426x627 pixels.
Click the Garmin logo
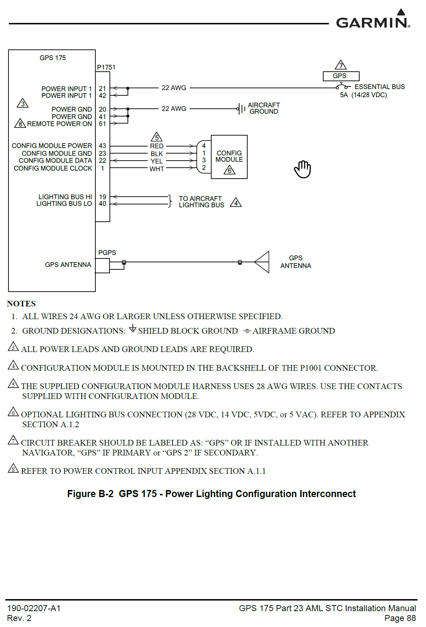coord(373,20)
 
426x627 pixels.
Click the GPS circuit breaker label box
coord(341,76)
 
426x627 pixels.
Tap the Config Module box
coord(229,157)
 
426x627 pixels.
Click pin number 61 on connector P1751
coord(102,124)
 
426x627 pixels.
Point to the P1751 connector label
coord(106,67)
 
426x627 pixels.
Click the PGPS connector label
coord(107,253)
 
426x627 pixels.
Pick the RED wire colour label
coord(157,146)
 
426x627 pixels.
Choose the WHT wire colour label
coord(157,169)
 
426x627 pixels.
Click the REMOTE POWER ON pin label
coord(59,124)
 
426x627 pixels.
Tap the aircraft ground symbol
coord(241,109)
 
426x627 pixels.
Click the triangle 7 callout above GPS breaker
coord(341,65)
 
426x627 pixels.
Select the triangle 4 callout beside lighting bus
coord(236,203)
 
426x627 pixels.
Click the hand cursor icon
coord(303,169)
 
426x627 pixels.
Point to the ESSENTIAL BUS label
coord(380,87)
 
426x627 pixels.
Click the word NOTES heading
coord(22,304)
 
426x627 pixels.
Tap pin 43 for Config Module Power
coord(102,146)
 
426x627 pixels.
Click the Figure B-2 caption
coord(212,494)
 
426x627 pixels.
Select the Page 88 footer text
coord(400,618)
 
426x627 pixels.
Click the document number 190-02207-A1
coord(34,608)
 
